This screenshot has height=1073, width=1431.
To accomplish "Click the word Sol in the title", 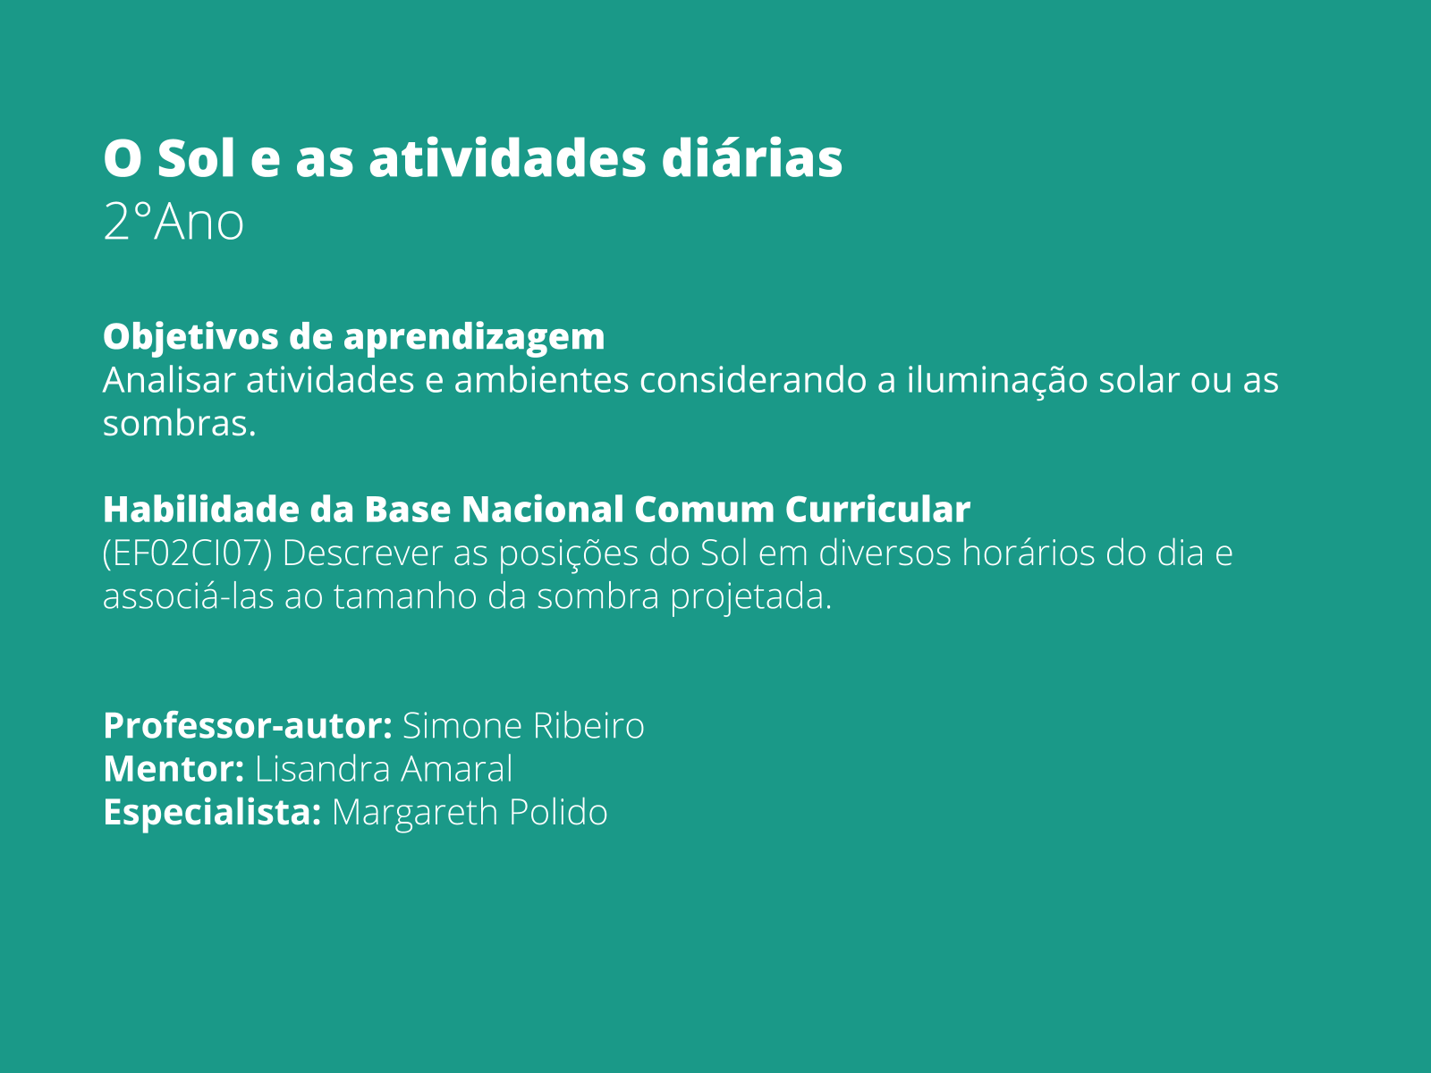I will pyautogui.click(x=196, y=158).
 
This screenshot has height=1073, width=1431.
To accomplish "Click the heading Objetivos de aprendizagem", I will pyautogui.click(x=353, y=337).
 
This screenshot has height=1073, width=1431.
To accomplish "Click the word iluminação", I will pyautogui.click(x=996, y=380).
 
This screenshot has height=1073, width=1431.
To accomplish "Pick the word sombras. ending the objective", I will pyautogui.click(x=179, y=423).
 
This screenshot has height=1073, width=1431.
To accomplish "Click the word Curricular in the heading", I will pyautogui.click(x=877, y=510).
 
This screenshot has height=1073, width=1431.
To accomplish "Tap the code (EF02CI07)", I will pyautogui.click(x=187, y=553).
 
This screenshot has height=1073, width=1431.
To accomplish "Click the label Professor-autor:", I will pyautogui.click(x=248, y=726).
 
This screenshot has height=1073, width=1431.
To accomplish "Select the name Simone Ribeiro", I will pyautogui.click(x=523, y=726).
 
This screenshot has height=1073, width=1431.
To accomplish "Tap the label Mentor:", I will pyautogui.click(x=174, y=769).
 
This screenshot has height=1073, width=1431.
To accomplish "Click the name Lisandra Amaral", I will pyautogui.click(x=384, y=769).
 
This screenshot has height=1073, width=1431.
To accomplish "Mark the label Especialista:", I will pyautogui.click(x=212, y=813).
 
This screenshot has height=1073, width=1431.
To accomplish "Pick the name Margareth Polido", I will pyautogui.click(x=470, y=813).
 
